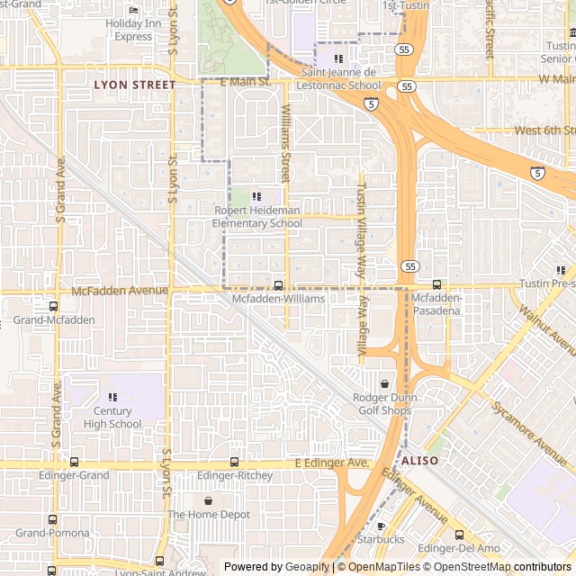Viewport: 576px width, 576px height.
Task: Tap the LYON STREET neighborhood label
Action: coord(135,85)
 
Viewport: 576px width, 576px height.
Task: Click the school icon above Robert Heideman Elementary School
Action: coord(256,196)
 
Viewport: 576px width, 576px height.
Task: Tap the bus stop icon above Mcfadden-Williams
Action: coord(278,285)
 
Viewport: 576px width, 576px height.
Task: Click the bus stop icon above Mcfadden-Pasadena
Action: coord(437,285)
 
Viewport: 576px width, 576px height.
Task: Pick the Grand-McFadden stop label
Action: coord(54,319)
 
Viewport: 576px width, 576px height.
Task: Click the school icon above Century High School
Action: coord(112,397)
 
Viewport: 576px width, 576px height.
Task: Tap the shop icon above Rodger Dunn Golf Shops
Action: coord(384,384)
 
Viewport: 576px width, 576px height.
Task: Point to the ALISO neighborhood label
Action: coord(419,460)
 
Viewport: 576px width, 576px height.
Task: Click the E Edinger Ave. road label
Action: coord(332,463)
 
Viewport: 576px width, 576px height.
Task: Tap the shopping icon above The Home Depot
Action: coord(209,500)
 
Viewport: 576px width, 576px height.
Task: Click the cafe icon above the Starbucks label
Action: coord(381,526)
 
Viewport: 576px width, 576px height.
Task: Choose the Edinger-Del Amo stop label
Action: coord(458,548)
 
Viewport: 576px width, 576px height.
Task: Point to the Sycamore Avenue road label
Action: coord(529,427)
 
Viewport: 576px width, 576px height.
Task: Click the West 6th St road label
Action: coord(544,130)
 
